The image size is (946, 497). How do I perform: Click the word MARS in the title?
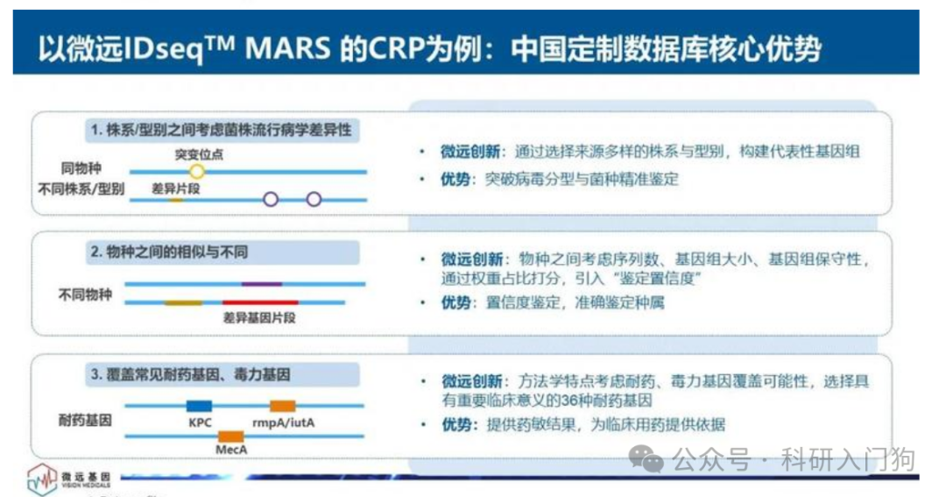pos(288,48)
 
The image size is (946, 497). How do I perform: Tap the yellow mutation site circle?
pos(197,172)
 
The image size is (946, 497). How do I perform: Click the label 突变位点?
pos(199,154)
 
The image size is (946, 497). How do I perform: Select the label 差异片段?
pos(175,189)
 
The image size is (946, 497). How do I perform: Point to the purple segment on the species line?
pos(262,283)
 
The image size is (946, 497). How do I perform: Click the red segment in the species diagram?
pos(260,302)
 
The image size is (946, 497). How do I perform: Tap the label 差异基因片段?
pos(259,317)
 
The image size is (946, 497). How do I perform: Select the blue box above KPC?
pos(199,406)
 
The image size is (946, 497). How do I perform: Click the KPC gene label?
pos(200,422)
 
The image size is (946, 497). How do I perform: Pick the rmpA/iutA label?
pos(283,422)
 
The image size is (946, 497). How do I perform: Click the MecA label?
pos(231,450)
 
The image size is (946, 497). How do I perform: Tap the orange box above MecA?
pos(230,436)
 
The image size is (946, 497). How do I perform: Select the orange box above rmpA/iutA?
pos(282,406)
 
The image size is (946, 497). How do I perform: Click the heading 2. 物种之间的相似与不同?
pos(170,252)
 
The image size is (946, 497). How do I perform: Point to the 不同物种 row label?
pos(85,295)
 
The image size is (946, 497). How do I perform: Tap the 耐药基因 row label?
pos(85,421)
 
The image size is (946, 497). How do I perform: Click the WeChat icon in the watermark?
pos(646,459)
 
